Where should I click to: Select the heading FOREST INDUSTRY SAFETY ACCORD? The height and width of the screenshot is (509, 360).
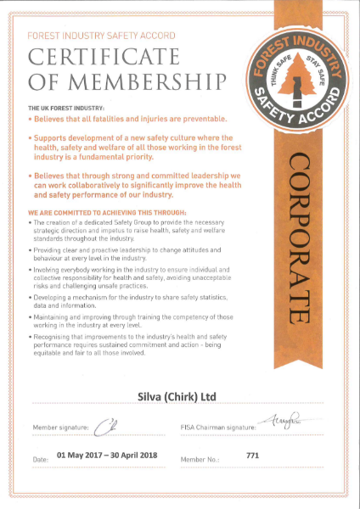point(101,36)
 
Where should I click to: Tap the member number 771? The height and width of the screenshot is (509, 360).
point(252,456)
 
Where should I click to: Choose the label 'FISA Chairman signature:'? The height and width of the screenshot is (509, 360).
point(217,427)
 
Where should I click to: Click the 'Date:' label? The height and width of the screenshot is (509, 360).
point(40,459)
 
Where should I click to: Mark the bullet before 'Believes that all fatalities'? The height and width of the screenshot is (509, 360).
point(31,119)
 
